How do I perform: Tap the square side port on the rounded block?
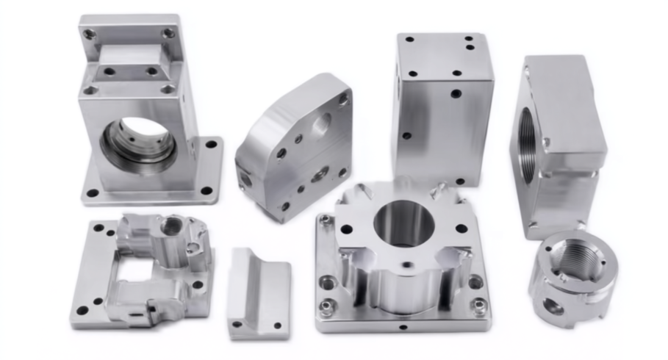(245, 179)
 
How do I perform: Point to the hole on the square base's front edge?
(401, 325)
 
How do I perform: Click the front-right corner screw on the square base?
(479, 306)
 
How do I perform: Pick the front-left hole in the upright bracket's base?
(93, 193)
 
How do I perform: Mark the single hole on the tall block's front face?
(456, 93)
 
